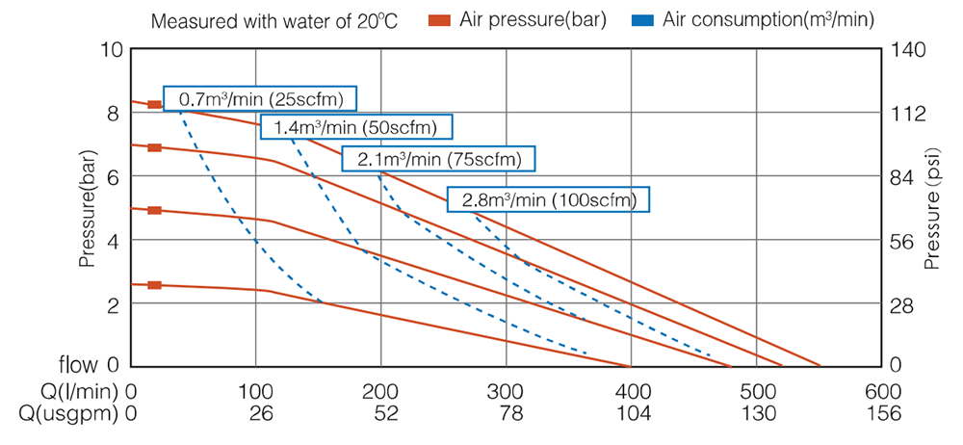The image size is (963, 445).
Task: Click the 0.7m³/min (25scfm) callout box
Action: point(261,98)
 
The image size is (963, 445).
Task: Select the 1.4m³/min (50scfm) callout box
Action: point(355,127)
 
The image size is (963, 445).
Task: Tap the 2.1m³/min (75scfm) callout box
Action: point(438,158)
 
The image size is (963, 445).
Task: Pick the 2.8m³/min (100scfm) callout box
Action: point(548,199)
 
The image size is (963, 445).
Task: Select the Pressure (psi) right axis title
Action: point(931,214)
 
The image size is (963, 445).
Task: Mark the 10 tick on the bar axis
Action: point(113,49)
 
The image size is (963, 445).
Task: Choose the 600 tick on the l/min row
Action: point(882,392)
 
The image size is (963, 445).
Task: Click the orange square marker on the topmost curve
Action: point(155,104)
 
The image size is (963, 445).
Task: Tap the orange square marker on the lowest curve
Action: point(155,285)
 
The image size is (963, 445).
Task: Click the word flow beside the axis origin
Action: point(78,365)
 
